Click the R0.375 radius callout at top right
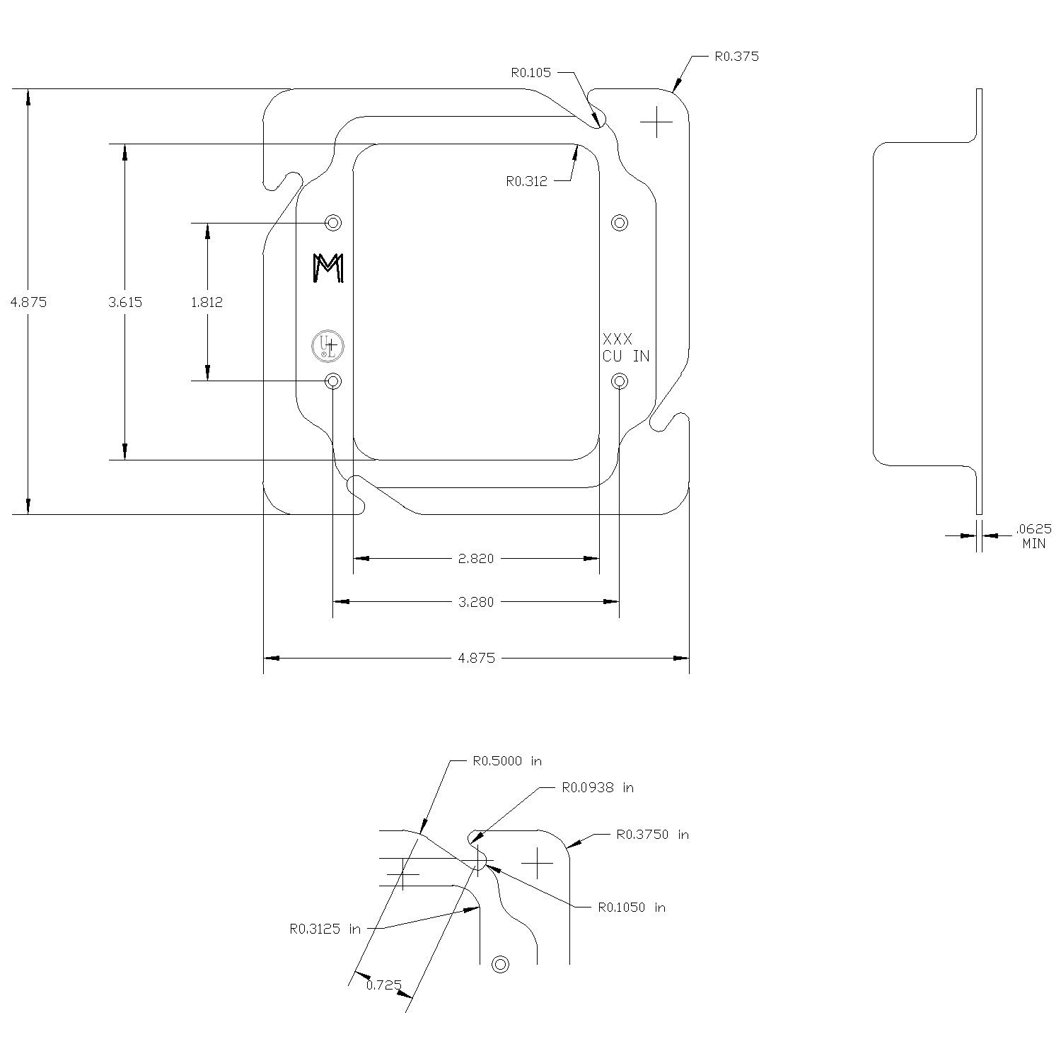(x=736, y=57)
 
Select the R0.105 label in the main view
(x=530, y=72)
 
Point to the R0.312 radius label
(x=526, y=181)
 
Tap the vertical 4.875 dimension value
(x=28, y=302)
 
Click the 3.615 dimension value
(x=125, y=302)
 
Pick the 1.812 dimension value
(x=207, y=302)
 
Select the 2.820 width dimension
(x=476, y=559)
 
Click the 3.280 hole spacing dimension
(x=476, y=602)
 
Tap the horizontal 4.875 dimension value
(x=477, y=659)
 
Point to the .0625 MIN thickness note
(x=1033, y=536)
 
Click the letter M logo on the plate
(x=328, y=268)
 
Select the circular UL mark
(x=328, y=346)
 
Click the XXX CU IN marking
(x=625, y=347)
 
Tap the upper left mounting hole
(x=333, y=223)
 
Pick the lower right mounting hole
(x=620, y=382)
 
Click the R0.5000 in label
(x=506, y=762)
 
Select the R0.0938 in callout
(x=598, y=787)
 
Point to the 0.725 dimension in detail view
(x=384, y=985)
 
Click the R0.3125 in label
(x=325, y=929)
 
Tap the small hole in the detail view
(x=501, y=964)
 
